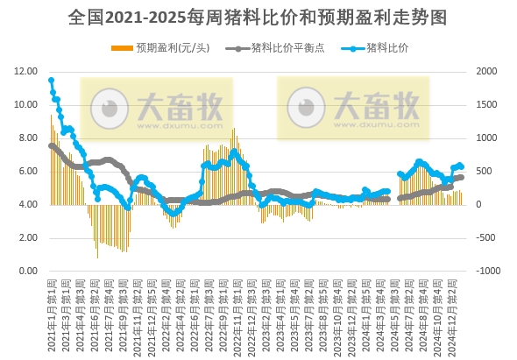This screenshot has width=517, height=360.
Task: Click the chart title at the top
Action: click(x=258, y=17)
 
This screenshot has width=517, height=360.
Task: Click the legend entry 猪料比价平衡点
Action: click(x=280, y=47)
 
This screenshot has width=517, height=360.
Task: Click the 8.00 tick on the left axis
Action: click(x=26, y=138)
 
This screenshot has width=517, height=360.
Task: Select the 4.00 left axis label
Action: click(x=26, y=205)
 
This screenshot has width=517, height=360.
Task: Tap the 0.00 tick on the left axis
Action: click(x=26, y=272)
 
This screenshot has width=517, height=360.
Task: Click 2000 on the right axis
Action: click(x=485, y=72)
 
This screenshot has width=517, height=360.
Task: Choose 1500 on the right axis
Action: click(x=485, y=105)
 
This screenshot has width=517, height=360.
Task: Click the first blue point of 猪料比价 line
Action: click(x=51, y=81)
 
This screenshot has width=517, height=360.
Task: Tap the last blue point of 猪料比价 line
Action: click(x=461, y=166)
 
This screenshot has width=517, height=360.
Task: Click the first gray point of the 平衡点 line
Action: click(x=51, y=145)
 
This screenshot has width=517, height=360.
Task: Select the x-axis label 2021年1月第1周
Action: click(x=52, y=302)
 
